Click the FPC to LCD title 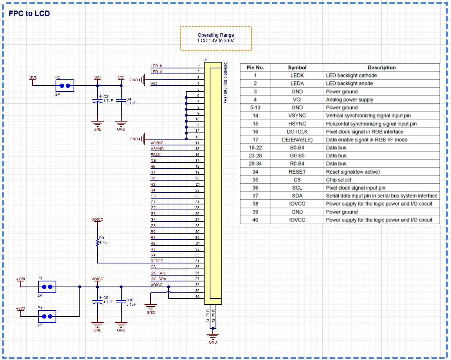(29, 14)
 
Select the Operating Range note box (216, 38)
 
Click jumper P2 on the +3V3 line (65, 86)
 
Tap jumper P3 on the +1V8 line (47, 287)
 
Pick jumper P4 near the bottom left (47, 316)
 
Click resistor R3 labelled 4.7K (97, 242)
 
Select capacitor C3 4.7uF (97, 100)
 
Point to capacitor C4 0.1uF (121, 100)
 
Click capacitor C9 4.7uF (97, 301)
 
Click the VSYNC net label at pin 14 (157, 143)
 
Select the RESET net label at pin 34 (157, 261)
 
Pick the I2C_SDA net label (158, 279)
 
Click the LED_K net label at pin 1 (156, 66)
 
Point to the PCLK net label (155, 155)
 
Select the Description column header (381, 68)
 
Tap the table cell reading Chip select (338, 180)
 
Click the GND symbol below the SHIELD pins (212, 337)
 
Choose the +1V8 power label (20, 279)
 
